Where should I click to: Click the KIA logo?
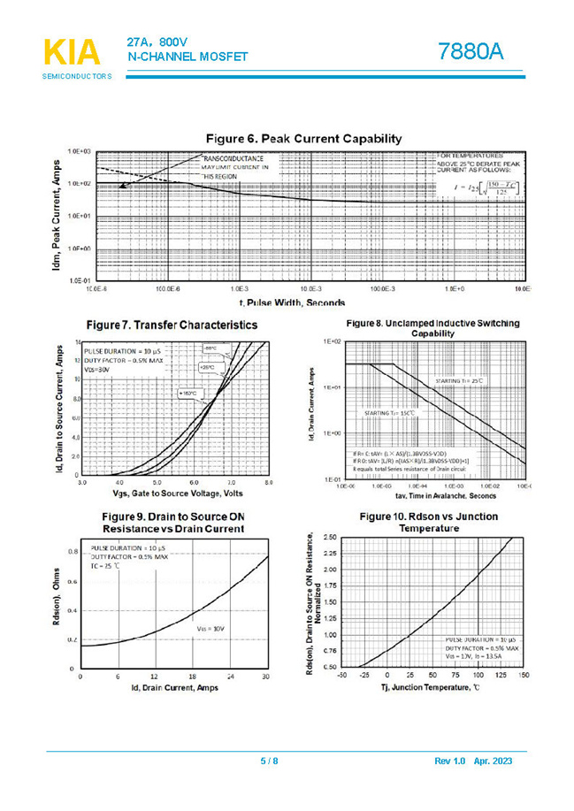[72, 53]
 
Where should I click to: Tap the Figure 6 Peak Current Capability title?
[303, 139]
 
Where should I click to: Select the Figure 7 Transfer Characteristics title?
[172, 325]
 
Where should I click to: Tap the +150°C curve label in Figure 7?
[189, 392]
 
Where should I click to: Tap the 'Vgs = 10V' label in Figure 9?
[210, 628]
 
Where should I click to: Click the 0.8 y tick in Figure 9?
[72, 551]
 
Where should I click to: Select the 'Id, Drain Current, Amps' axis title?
[174, 688]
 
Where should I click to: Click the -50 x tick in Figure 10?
[341, 676]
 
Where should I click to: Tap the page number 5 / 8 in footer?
[268, 761]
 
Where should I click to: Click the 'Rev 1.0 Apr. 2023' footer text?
[472, 761]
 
